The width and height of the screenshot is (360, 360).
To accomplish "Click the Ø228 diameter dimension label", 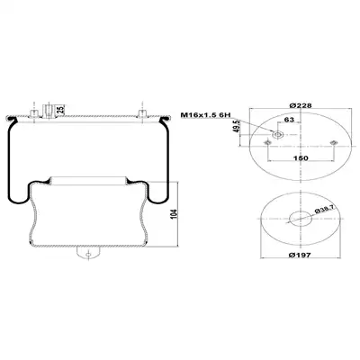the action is click(301, 105).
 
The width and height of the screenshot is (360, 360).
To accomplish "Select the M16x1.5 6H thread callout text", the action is click(205, 115).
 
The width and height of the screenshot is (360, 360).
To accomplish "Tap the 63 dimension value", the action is click(289, 120).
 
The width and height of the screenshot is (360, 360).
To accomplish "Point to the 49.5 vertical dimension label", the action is click(237, 126).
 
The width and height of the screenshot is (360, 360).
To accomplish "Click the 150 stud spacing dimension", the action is click(301, 157).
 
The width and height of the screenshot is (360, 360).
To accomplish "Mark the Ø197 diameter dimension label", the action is click(300, 255).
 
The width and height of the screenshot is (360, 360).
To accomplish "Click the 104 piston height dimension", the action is click(175, 214).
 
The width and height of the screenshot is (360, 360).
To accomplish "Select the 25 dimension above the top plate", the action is click(60, 110).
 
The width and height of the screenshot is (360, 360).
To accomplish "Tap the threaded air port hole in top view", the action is click(277, 135).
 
